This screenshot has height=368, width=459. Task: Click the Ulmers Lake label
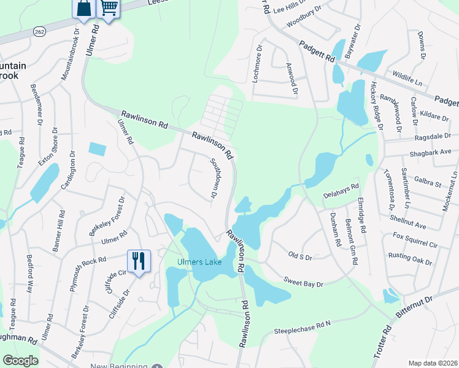(x=195, y=263)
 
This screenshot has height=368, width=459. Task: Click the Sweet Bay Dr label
(x=303, y=281)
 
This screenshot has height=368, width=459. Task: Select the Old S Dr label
(x=300, y=255)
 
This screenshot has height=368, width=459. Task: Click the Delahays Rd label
(x=340, y=190)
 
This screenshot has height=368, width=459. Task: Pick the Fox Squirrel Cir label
(x=415, y=240)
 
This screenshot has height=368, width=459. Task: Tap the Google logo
(x=20, y=361)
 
